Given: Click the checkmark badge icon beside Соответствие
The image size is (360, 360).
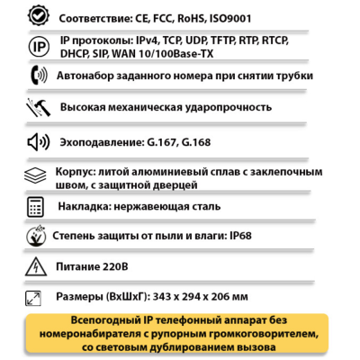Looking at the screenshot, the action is click(38, 16).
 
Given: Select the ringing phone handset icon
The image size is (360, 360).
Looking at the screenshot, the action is click(38, 76).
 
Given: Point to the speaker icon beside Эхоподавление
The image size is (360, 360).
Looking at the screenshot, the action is click(38, 141).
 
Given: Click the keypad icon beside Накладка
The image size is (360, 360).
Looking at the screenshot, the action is click(36, 205).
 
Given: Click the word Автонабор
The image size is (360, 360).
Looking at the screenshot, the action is click(94, 77).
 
